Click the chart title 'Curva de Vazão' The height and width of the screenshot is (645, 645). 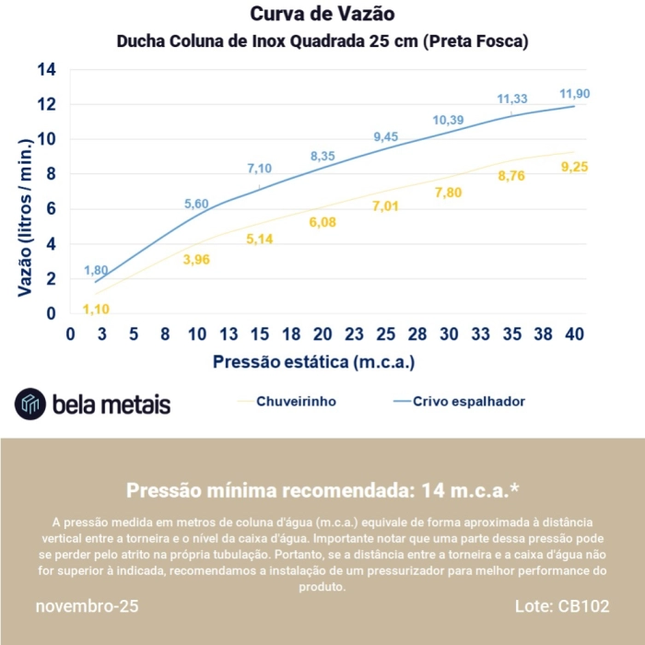click(x=322, y=15)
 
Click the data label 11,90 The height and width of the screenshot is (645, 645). click(x=575, y=94)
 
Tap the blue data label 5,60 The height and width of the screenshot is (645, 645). click(x=196, y=205)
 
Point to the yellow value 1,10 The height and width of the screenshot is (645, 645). click(x=96, y=309)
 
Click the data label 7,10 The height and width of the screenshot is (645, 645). click(x=260, y=169)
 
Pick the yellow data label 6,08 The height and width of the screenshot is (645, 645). click(x=322, y=222)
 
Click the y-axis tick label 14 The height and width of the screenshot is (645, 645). click(x=47, y=70)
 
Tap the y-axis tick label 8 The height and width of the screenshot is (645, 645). click(x=52, y=174)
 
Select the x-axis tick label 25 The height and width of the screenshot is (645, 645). click(x=386, y=334)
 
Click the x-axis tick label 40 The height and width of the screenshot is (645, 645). click(x=575, y=334)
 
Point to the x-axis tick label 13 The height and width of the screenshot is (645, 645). click(x=229, y=334)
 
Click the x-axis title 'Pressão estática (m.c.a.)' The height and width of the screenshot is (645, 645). click(x=314, y=361)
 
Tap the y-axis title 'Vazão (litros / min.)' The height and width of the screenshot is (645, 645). click(x=25, y=217)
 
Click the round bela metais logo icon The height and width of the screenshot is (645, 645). click(x=30, y=404)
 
